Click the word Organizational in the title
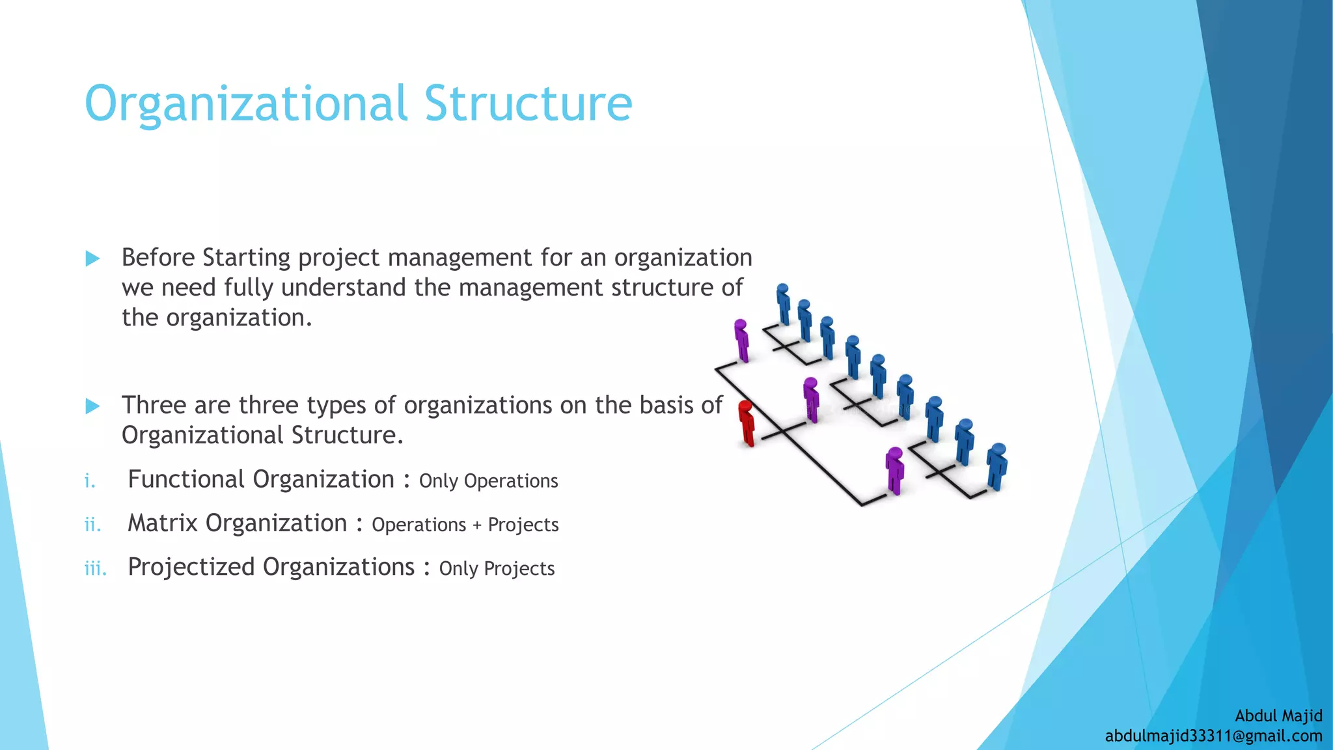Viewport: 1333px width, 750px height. tap(246, 104)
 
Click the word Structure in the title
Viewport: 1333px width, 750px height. tap(528, 104)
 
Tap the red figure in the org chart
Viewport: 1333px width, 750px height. tap(747, 423)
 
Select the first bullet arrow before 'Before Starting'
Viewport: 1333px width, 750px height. tap(92, 259)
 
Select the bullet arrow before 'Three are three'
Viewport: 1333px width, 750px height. tap(92, 407)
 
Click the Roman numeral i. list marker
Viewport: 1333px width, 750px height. tap(90, 482)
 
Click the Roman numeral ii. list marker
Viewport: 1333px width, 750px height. tap(92, 525)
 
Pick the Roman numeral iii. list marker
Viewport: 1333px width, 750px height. tap(95, 569)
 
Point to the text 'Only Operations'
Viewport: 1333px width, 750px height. tap(488, 481)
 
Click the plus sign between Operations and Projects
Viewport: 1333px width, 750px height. tap(477, 525)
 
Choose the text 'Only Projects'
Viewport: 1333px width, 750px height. tap(497, 569)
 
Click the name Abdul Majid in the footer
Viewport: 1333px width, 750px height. tap(1278, 715)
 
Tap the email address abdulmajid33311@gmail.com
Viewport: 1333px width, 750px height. tap(1213, 736)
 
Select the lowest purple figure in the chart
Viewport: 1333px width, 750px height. tap(895, 470)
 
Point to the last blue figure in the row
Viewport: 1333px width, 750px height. tap(996, 466)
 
